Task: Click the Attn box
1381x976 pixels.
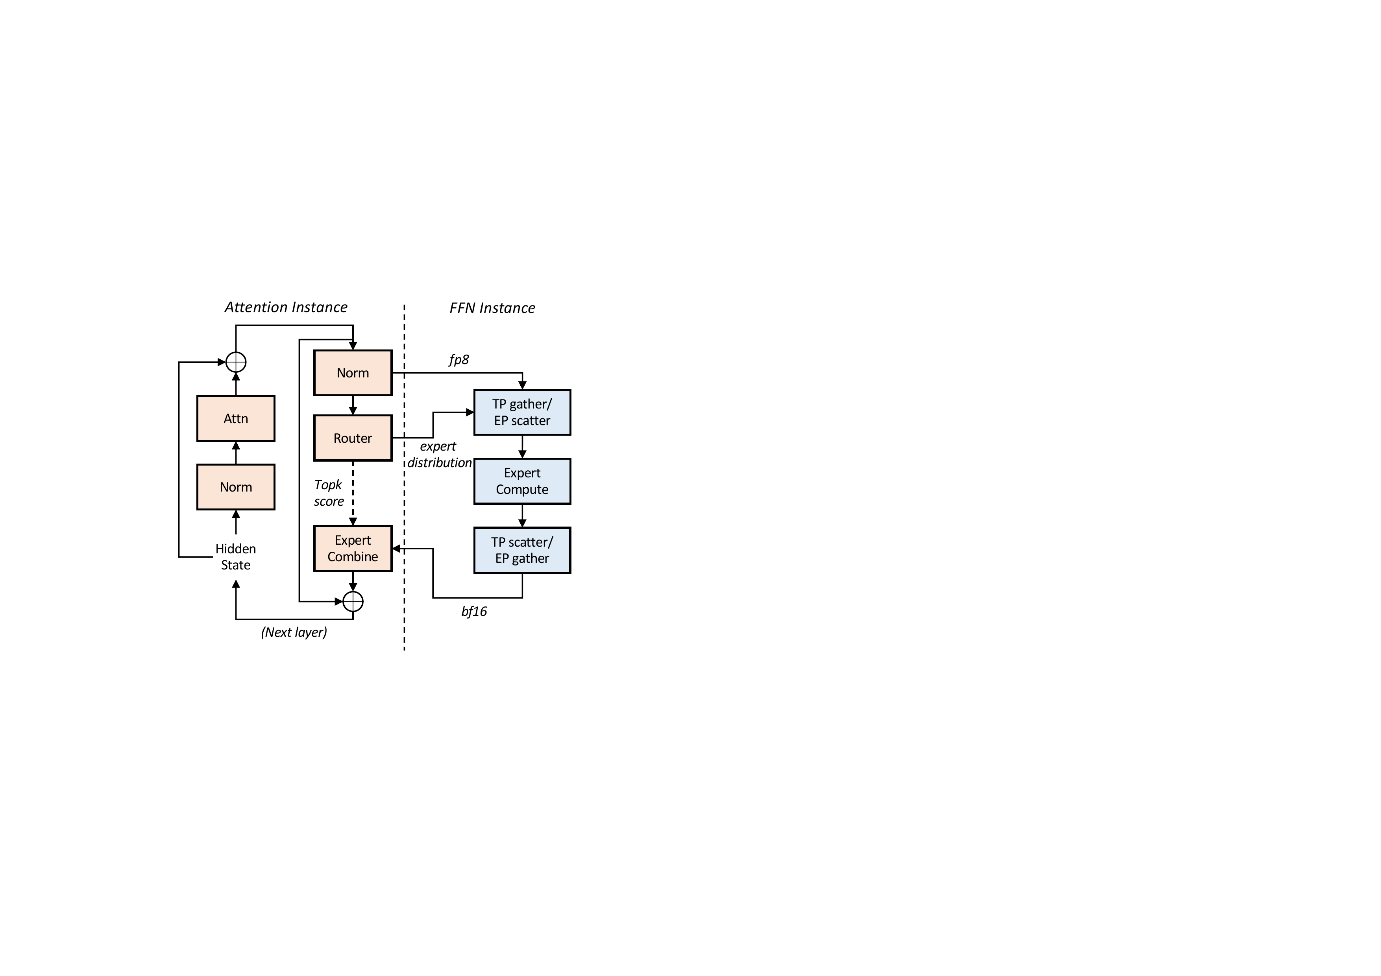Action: pyautogui.click(x=236, y=419)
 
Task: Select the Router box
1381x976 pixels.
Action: pyautogui.click(x=353, y=438)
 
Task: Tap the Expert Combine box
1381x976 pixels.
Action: pyautogui.click(x=353, y=549)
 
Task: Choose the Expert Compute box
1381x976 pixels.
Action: pyautogui.click(x=522, y=481)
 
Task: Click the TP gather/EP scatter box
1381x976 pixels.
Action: pyautogui.click(x=522, y=412)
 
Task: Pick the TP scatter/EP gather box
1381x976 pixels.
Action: pyautogui.click(x=522, y=550)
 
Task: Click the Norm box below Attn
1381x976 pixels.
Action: pyautogui.click(x=236, y=487)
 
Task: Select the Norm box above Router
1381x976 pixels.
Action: pyautogui.click(x=353, y=373)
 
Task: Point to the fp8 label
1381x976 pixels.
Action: pyautogui.click(x=459, y=360)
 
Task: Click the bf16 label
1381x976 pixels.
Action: pyautogui.click(x=474, y=612)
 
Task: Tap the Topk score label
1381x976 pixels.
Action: pyautogui.click(x=328, y=493)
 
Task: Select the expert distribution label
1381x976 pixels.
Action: pyautogui.click(x=440, y=455)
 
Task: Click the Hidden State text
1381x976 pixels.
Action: pyautogui.click(x=236, y=557)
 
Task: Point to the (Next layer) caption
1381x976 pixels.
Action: pyautogui.click(x=294, y=632)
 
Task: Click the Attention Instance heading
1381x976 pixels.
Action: pyautogui.click(x=286, y=307)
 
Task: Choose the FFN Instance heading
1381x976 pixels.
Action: pyautogui.click(x=492, y=308)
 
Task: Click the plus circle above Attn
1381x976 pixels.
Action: pyautogui.click(x=236, y=362)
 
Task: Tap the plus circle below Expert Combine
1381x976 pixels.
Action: pyautogui.click(x=353, y=601)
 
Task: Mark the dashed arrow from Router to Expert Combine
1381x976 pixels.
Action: pyautogui.click(x=353, y=493)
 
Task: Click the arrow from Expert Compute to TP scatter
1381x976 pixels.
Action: pyautogui.click(x=522, y=516)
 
